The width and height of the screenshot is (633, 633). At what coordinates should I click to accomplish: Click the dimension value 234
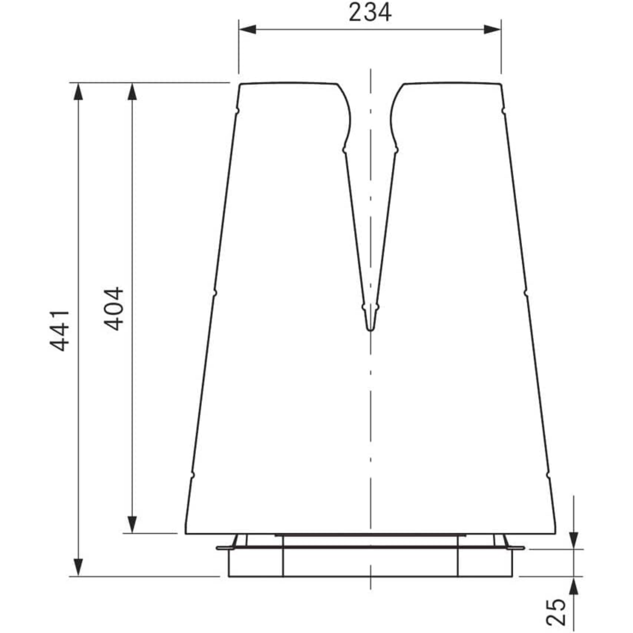370,13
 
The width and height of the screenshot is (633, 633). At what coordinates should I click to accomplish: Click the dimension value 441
59,330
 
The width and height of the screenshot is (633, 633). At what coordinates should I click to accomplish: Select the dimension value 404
114,308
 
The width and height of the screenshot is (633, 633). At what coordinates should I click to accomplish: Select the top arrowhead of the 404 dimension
131,91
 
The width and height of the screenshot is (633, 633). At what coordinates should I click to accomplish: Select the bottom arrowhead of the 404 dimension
131,524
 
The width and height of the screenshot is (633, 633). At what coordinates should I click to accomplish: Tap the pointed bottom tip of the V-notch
370,329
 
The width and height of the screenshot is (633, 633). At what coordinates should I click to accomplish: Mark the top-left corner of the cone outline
240,84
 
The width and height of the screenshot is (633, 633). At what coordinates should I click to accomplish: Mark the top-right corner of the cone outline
501,84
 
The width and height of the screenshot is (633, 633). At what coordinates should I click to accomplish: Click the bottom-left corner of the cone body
186,533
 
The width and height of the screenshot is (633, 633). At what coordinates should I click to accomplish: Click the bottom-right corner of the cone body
555,533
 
